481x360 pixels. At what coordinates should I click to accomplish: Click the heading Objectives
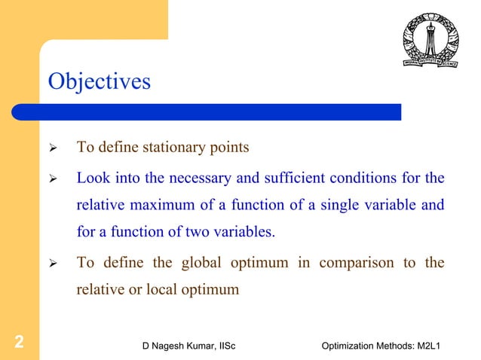tap(99, 81)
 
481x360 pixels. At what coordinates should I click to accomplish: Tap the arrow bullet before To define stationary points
tap(54, 148)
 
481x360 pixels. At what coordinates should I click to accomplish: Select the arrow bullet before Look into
tap(54, 179)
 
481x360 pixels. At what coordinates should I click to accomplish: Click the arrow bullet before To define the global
tap(54, 264)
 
